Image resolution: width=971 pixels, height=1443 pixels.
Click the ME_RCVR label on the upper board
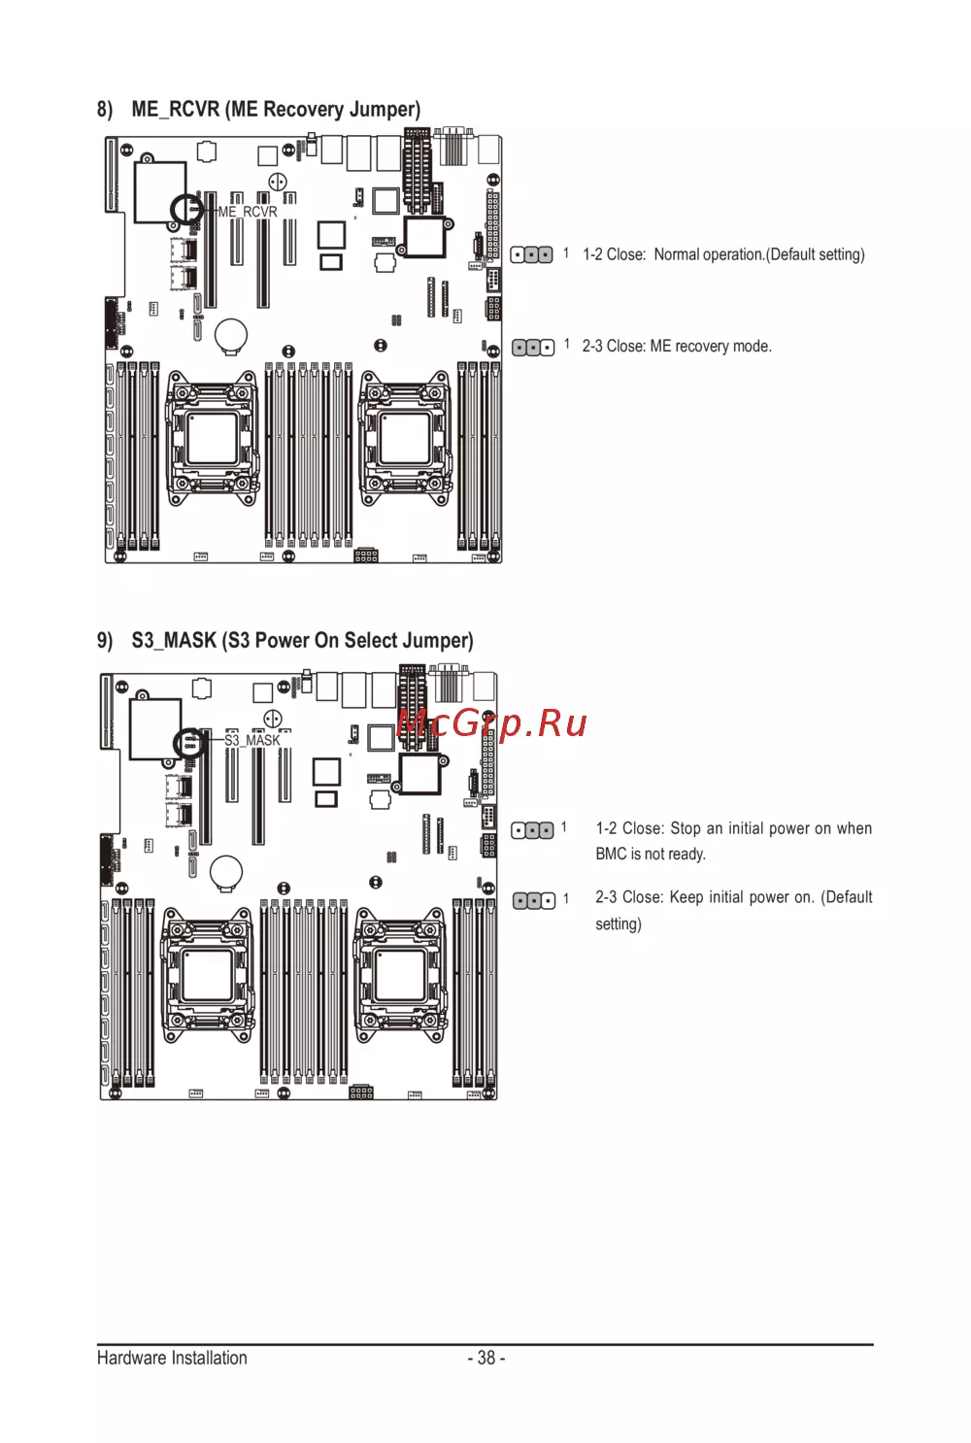pos(248,212)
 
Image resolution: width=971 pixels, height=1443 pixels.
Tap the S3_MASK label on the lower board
pos(251,740)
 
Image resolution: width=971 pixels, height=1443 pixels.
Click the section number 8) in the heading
pos(105,110)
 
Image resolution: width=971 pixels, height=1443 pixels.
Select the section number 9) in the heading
pos(105,640)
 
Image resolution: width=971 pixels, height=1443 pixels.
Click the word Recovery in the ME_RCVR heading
pos(302,110)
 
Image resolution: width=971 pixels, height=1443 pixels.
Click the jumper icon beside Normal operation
pos(531,255)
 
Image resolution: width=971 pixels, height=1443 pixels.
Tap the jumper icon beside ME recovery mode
pos(533,348)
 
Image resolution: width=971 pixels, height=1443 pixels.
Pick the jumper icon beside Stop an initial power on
pos(532,830)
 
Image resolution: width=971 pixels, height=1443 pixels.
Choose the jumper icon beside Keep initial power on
pos(534,900)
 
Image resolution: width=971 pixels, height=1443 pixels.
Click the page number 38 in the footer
pos(486,1358)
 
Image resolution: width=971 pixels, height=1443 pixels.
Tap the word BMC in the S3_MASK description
pos(611,855)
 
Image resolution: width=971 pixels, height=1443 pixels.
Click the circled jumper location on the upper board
pos(186,209)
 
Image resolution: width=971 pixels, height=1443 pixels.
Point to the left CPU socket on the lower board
pos(207,973)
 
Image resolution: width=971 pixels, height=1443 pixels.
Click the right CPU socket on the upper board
pos(405,438)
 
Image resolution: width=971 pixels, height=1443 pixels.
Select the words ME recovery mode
pos(711,347)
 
